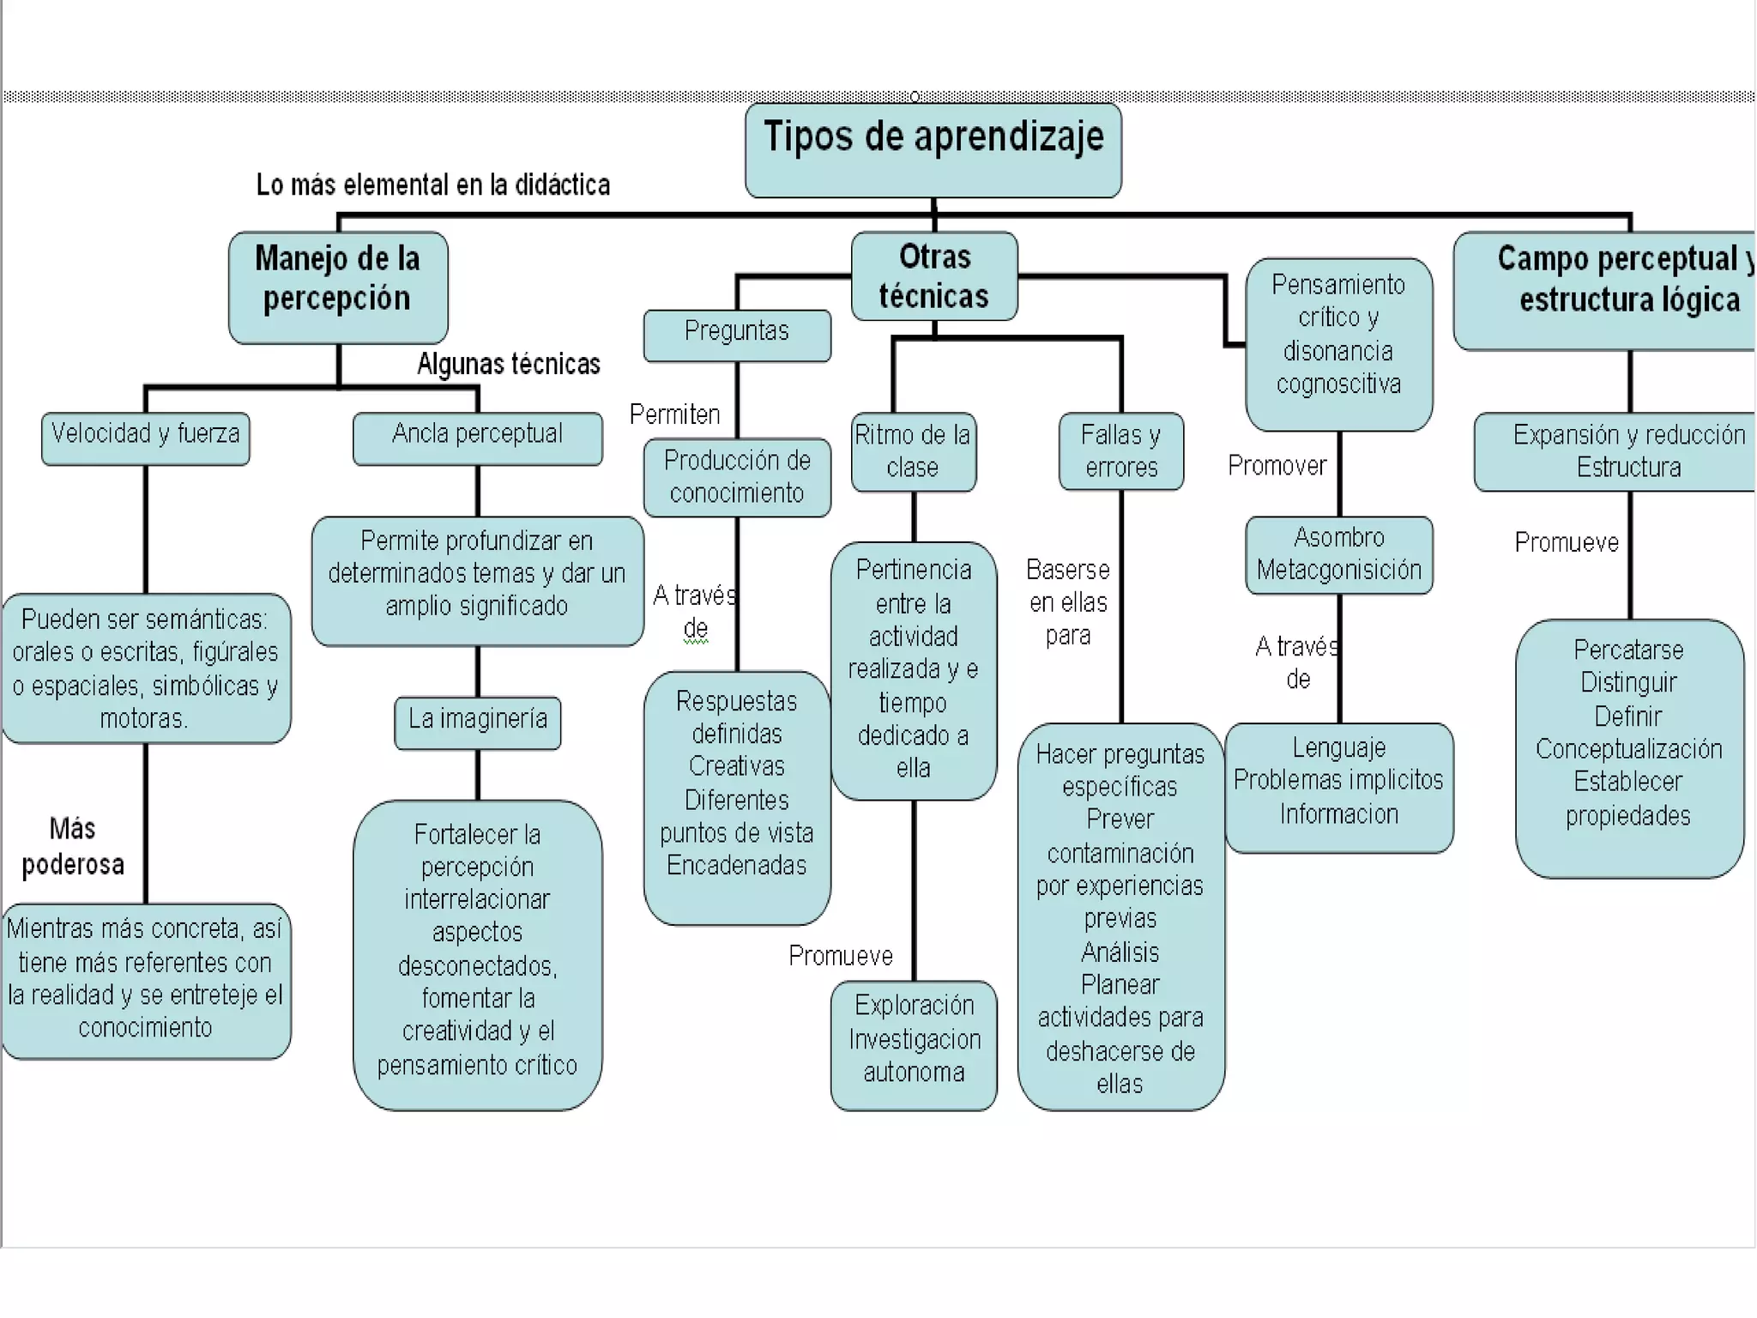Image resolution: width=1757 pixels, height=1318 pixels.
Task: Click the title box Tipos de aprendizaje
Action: tap(933, 150)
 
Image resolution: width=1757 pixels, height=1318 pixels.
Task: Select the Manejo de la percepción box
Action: tap(338, 287)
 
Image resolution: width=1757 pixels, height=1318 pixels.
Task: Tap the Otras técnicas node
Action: tap(934, 276)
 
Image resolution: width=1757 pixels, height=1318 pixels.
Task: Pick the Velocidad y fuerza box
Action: tap(146, 438)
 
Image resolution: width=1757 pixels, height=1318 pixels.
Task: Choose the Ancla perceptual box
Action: tap(477, 438)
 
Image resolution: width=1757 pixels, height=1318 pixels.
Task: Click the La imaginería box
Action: tap(477, 722)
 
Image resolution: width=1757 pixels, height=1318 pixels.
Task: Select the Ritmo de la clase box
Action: tap(913, 451)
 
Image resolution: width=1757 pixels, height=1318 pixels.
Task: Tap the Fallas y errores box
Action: tap(1120, 451)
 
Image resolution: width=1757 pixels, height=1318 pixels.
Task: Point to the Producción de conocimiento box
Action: tap(737, 477)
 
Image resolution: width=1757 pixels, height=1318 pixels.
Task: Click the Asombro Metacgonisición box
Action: tap(1338, 554)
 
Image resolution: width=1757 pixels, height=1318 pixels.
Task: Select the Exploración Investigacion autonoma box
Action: tap(914, 1043)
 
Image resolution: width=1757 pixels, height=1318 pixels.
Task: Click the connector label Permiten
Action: tap(674, 415)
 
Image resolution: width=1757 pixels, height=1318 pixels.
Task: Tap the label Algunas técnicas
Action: tap(509, 365)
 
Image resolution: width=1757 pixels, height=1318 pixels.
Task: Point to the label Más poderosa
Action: tap(73, 846)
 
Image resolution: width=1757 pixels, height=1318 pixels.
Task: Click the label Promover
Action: tap(1277, 466)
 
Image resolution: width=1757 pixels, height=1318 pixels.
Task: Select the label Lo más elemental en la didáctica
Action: tap(433, 185)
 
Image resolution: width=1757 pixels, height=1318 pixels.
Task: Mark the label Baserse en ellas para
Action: tap(1068, 602)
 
